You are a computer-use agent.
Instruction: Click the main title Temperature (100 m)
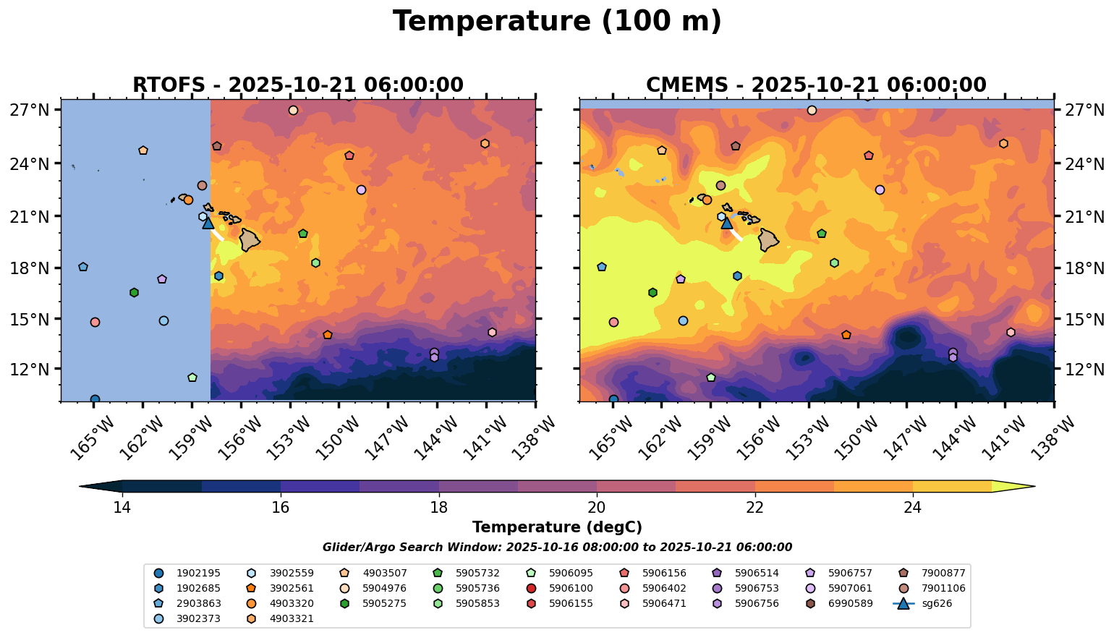coord(557,22)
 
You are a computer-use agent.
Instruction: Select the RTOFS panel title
coord(297,85)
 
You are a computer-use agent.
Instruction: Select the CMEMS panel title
coord(816,85)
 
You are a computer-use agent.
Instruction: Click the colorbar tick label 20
coord(597,508)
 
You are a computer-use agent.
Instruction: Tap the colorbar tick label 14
coord(122,508)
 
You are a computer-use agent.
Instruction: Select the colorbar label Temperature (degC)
coord(557,527)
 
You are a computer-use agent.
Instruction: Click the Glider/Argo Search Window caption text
coord(557,548)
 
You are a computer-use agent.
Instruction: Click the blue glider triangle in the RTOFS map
coord(208,223)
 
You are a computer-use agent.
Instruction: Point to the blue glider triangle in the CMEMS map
coord(727,223)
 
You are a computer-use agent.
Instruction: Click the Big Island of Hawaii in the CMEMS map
coord(768,239)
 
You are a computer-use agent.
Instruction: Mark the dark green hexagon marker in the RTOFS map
coord(134,292)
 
